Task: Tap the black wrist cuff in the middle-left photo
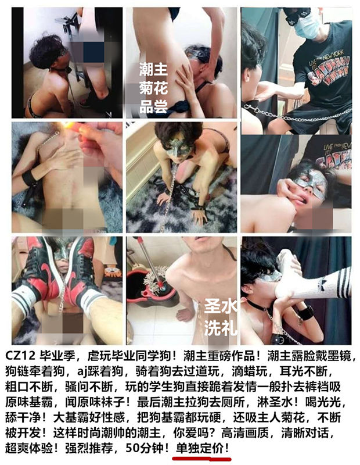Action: (29, 178)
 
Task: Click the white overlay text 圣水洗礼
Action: (220, 317)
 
